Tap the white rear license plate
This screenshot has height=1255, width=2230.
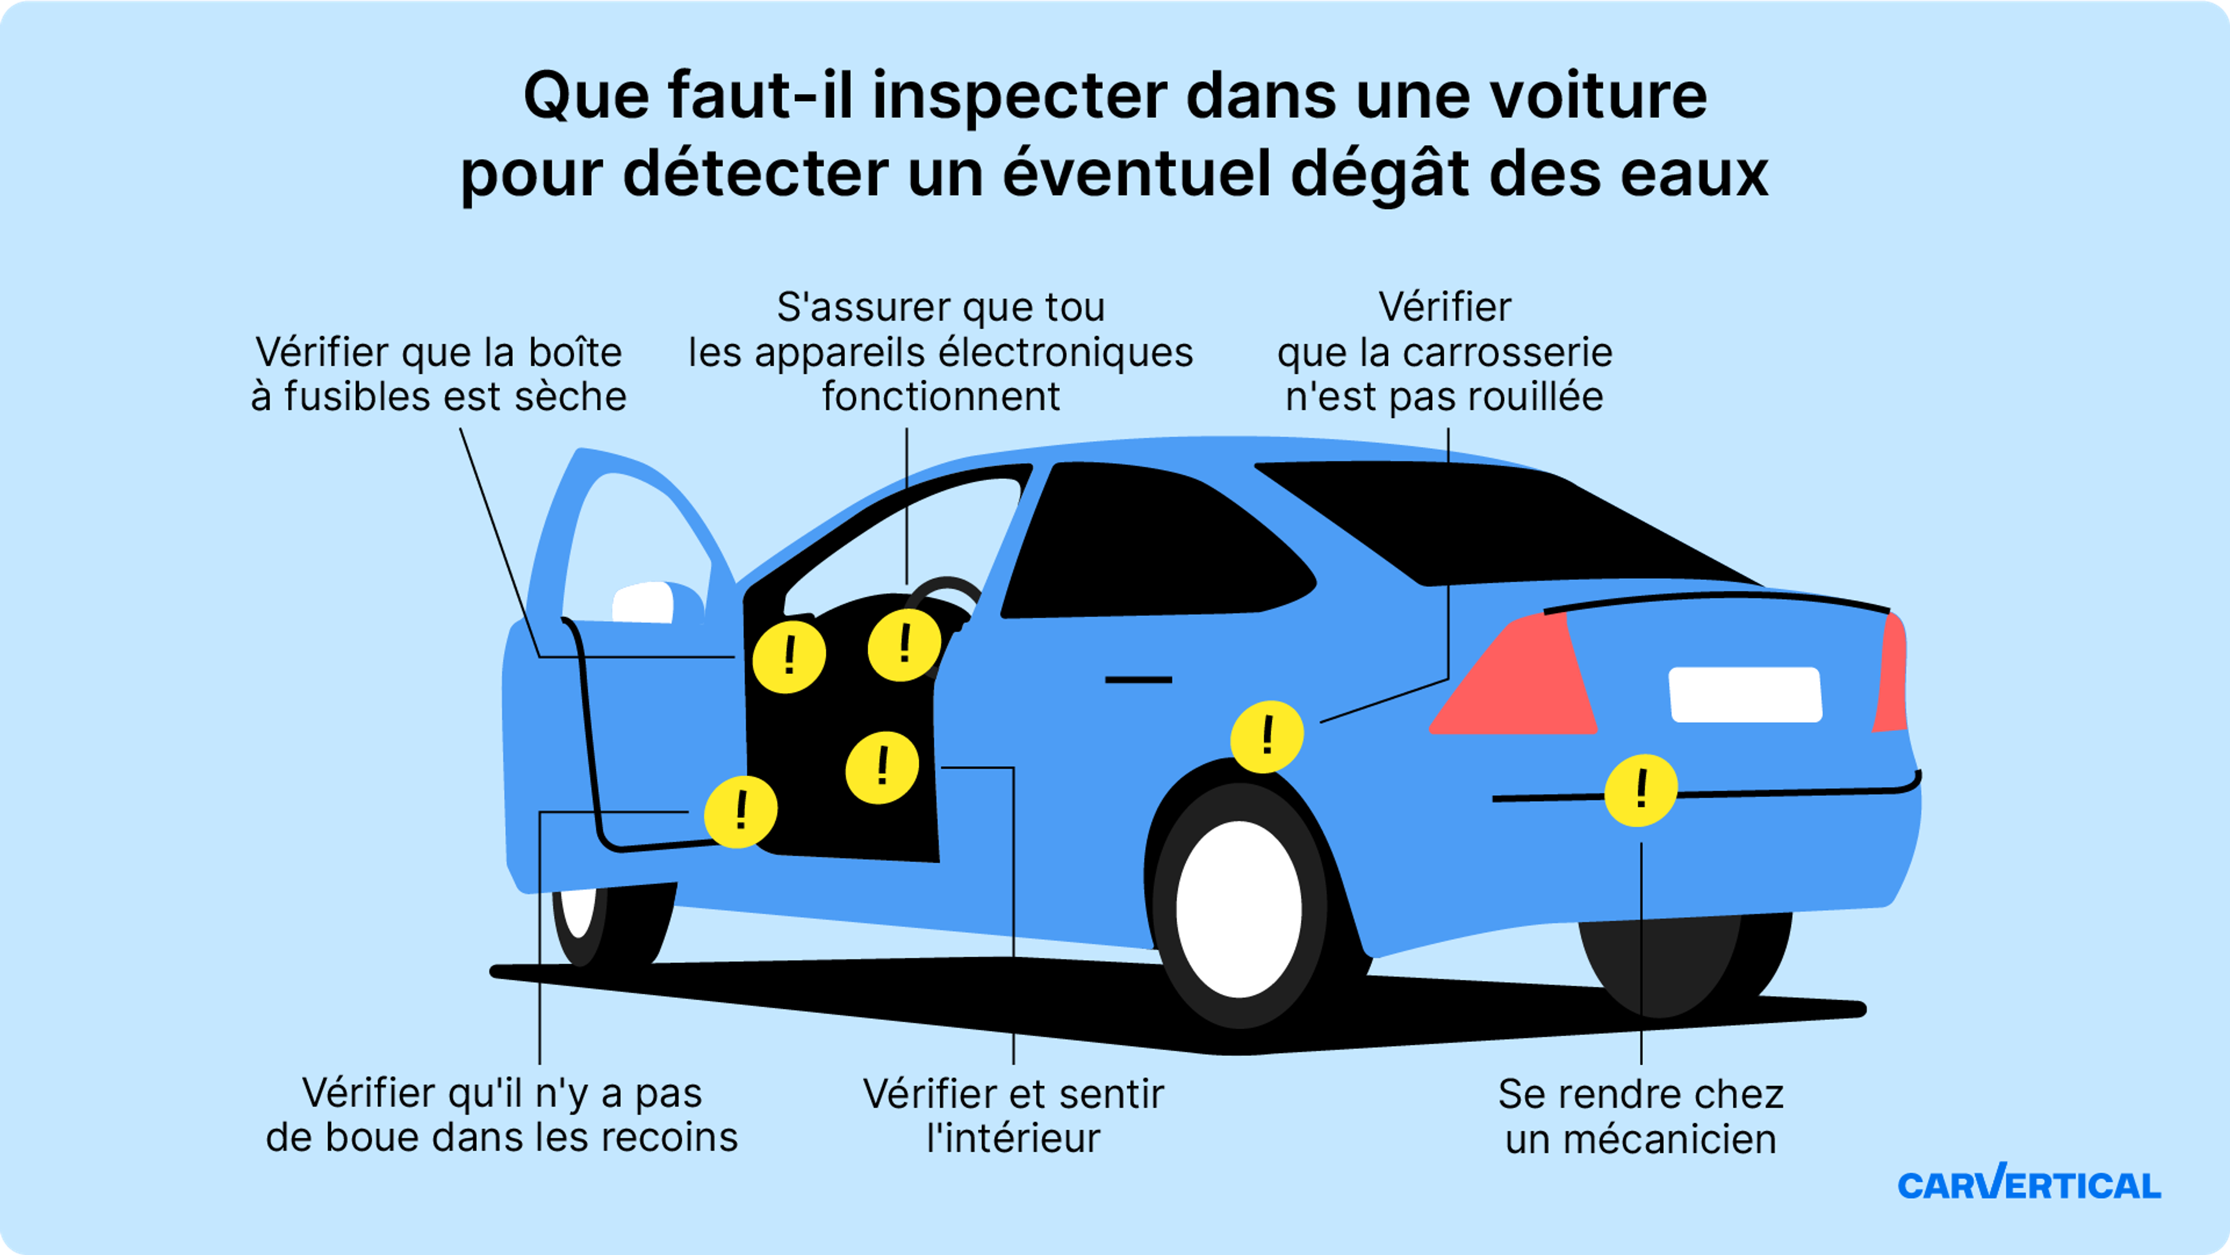[1745, 694]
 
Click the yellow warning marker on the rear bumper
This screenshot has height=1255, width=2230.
[1641, 790]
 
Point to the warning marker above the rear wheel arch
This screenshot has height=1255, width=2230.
[1267, 737]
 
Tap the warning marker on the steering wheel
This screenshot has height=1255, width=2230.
[905, 645]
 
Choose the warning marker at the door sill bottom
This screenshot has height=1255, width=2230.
[740, 812]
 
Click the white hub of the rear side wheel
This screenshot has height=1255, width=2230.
[1239, 909]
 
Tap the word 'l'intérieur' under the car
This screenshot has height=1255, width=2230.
[1013, 1138]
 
